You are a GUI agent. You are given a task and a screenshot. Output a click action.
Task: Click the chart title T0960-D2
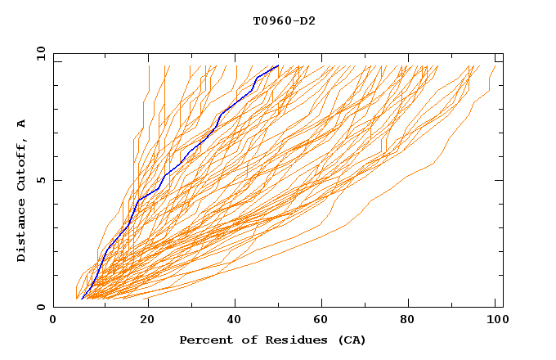[x=284, y=20]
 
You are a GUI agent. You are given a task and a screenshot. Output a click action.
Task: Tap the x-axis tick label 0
[x=53, y=322]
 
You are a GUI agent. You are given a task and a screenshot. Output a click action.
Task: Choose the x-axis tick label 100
[x=495, y=322]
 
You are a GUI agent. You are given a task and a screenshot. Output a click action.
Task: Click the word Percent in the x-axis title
[x=204, y=340]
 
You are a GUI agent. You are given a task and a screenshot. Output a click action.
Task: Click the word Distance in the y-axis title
[x=22, y=231]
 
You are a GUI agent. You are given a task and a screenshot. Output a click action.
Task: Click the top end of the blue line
[x=278, y=65]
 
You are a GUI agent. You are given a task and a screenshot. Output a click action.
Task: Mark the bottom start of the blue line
[x=83, y=299]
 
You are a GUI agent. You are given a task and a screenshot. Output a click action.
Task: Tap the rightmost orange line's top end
[x=495, y=65]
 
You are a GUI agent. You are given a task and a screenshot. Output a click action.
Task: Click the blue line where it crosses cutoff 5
[x=163, y=180]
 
